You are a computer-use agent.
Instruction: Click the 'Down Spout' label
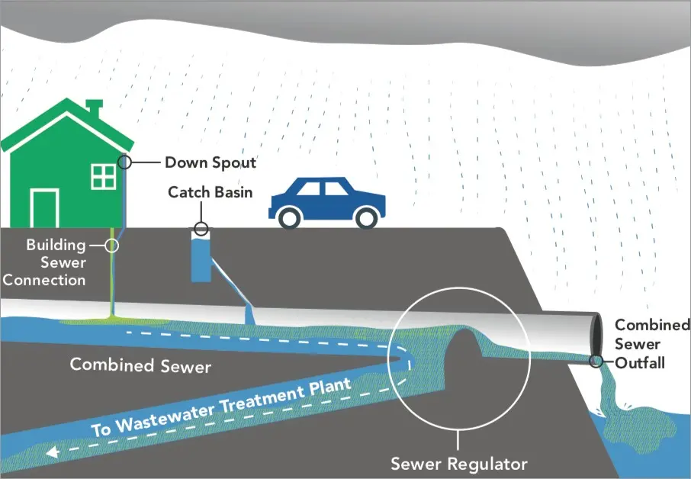pyautogui.click(x=211, y=162)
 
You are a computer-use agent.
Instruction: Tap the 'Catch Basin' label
pyautogui.click(x=211, y=192)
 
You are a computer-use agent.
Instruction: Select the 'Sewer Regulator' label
pyautogui.click(x=459, y=464)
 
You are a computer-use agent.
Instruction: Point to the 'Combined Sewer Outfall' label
pyautogui.click(x=652, y=344)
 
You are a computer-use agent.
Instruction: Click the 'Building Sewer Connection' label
pyautogui.click(x=44, y=262)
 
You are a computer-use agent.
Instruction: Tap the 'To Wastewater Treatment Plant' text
pyautogui.click(x=221, y=407)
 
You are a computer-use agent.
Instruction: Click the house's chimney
pyautogui.click(x=94, y=108)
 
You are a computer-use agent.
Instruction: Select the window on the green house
pyautogui.click(x=104, y=176)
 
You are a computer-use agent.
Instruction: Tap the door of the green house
pyautogui.click(x=44, y=208)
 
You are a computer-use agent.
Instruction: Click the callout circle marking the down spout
pyautogui.click(x=125, y=162)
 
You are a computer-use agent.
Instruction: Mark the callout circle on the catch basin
pyautogui.click(x=201, y=229)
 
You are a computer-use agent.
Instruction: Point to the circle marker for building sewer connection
pyautogui.click(x=112, y=246)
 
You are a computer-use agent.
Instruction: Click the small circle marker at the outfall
pyautogui.click(x=596, y=361)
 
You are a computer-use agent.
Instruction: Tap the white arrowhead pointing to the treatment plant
pyautogui.click(x=53, y=452)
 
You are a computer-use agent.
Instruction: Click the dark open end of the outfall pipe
pyautogui.click(x=596, y=336)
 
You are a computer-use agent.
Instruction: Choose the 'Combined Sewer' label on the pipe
pyautogui.click(x=140, y=365)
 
